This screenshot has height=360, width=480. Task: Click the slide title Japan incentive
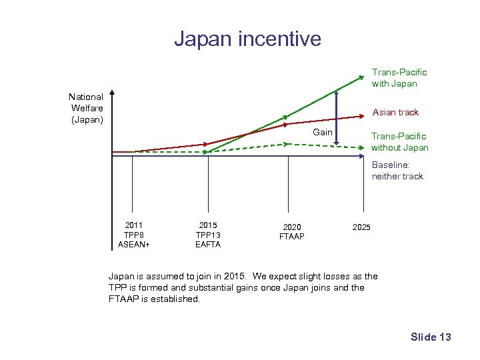coord(247,39)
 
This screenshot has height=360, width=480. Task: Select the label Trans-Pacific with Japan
coord(399,77)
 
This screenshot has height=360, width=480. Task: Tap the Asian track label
coord(395,112)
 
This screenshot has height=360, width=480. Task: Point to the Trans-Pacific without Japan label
coord(399,141)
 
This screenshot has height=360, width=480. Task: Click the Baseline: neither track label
coord(397,170)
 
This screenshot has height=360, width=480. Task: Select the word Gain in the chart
coord(323,132)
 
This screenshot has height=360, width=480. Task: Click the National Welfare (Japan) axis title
coord(87,108)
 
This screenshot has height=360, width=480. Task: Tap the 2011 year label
coord(133,225)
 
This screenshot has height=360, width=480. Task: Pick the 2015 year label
coord(208,225)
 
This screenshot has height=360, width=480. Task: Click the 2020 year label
coord(291,227)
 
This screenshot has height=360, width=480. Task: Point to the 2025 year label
coord(361,227)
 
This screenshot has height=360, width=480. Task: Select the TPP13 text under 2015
coord(208,235)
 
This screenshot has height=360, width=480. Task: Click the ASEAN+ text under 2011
coord(133,244)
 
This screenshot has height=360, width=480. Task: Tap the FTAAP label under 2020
coord(291,237)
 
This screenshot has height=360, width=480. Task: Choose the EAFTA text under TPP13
coord(208,244)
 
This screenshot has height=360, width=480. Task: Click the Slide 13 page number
coord(431,337)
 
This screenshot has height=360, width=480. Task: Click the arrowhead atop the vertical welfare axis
coord(113,93)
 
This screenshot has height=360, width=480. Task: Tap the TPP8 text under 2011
coord(133,235)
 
